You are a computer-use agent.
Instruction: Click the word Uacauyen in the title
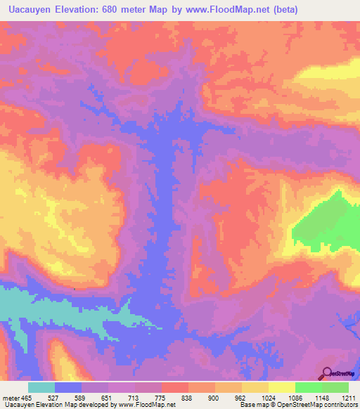click(x=33, y=10)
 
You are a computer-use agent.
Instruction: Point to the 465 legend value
click(x=26, y=397)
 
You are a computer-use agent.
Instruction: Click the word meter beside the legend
click(x=11, y=397)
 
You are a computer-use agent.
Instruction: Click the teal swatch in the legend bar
click(x=41, y=387)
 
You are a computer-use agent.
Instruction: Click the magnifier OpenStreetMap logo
click(x=328, y=373)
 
